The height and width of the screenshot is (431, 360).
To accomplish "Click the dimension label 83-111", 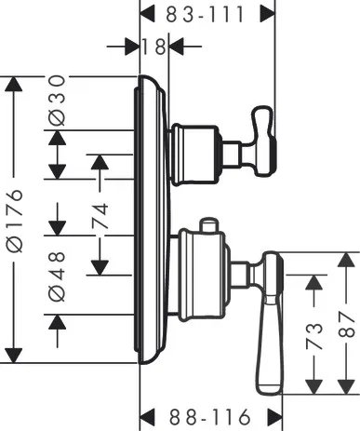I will click(207, 13).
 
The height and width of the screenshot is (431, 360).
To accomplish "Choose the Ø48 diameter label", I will click(58, 276).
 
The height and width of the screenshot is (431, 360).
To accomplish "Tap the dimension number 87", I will click(346, 323).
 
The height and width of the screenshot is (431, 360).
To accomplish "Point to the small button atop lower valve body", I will click(208, 225).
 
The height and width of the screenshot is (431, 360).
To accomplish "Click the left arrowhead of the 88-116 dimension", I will click(146, 415).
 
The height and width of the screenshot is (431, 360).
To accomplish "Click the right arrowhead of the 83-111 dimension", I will click(269, 14).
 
